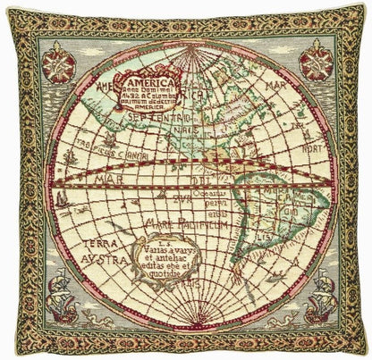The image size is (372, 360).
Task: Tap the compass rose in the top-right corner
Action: [x=316, y=61]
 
